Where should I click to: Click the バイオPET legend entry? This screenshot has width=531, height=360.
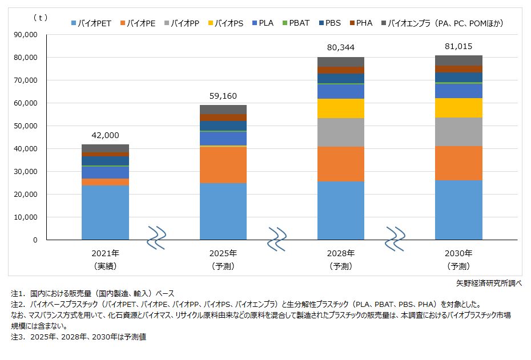coord(91,23)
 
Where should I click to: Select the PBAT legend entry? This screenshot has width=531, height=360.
coord(299,23)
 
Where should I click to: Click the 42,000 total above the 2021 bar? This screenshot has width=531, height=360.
coord(105,135)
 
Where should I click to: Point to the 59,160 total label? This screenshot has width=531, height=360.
coord(223,96)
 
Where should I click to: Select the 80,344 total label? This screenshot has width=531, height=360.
coord(341,48)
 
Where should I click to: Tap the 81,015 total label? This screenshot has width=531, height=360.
coord(459,46)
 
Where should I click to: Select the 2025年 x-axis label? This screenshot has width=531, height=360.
coord(223,253)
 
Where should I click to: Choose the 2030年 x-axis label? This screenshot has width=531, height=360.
coord(459,253)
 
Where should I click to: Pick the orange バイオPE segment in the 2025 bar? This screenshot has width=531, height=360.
coord(223,165)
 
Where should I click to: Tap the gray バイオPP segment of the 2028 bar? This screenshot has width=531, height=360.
coord(341,132)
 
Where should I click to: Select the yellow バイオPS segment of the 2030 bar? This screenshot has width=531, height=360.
coord(459,108)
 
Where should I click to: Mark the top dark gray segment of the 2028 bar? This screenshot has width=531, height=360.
coord(341,62)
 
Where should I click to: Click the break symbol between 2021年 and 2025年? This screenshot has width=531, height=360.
coord(158,237)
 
